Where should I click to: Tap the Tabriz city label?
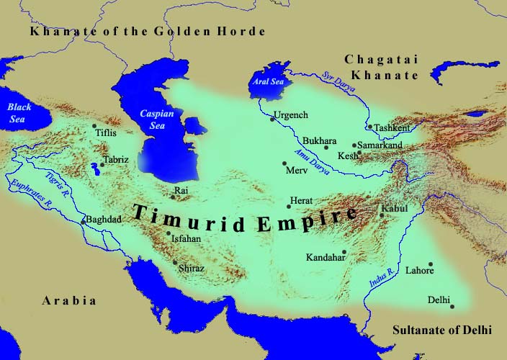tap(116, 159)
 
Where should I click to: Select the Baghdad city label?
tap(102, 219)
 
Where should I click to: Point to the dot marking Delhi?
tap(452, 307)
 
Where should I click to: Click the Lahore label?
tap(420, 271)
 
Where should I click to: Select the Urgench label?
tap(291, 115)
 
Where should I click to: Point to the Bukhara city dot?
tap(326, 148)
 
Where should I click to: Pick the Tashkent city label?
tap(392, 127)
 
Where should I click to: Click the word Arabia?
tap(68, 300)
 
